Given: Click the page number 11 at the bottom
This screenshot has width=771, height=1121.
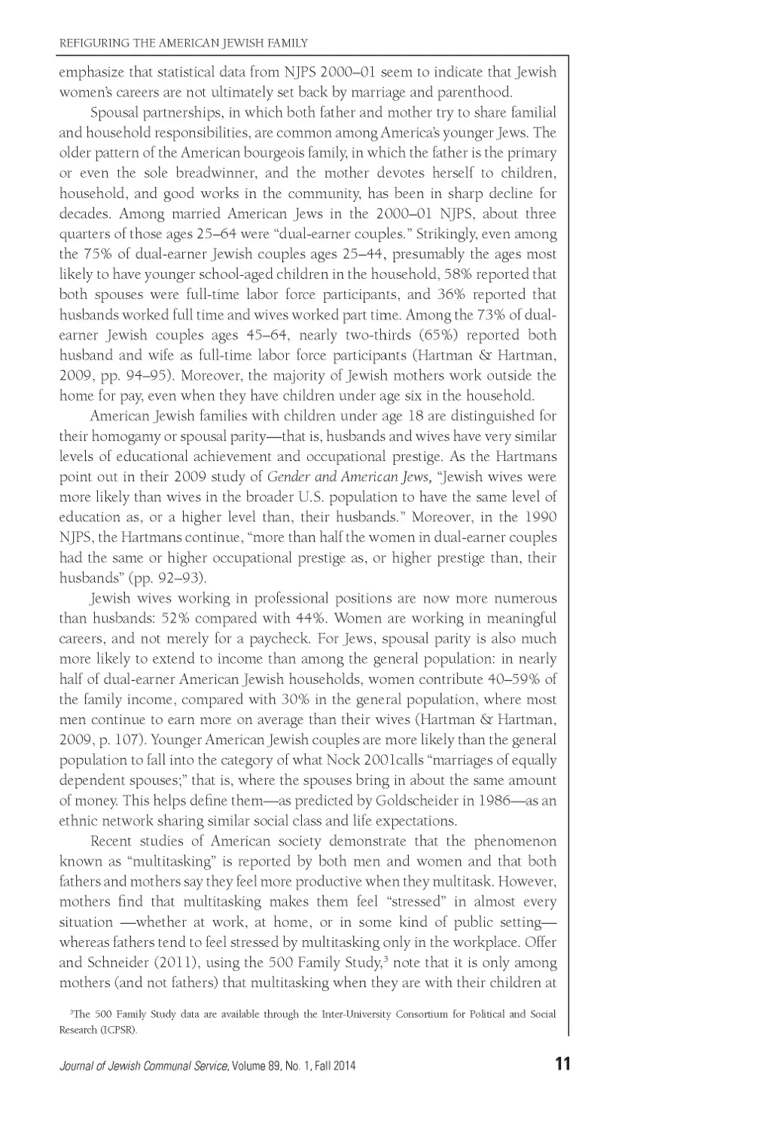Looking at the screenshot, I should [562, 1064].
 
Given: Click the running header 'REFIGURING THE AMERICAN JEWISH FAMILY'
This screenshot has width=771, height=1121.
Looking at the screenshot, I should [184, 43].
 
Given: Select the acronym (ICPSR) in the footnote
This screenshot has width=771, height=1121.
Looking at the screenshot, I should [120, 1030].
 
